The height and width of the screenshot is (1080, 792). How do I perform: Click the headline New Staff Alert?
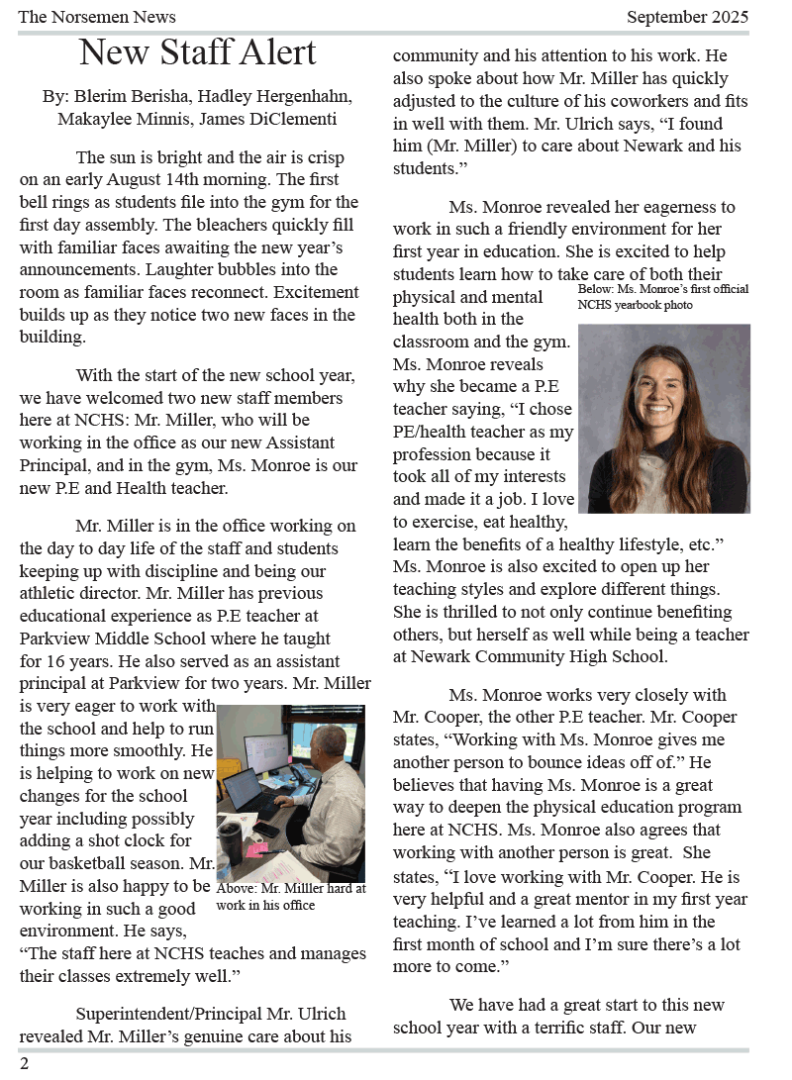[197, 51]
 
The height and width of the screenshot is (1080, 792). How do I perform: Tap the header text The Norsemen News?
[97, 17]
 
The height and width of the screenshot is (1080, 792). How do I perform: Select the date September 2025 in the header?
[687, 17]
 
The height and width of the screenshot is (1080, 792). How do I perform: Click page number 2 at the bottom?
[24, 1063]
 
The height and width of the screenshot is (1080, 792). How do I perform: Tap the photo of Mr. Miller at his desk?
[291, 792]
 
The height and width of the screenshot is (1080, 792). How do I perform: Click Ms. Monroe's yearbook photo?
[664, 418]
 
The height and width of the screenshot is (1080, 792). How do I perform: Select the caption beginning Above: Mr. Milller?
[290, 897]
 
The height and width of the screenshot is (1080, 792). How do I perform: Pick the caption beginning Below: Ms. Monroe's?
[662, 297]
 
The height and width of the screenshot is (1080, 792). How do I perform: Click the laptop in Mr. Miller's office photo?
[247, 791]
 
